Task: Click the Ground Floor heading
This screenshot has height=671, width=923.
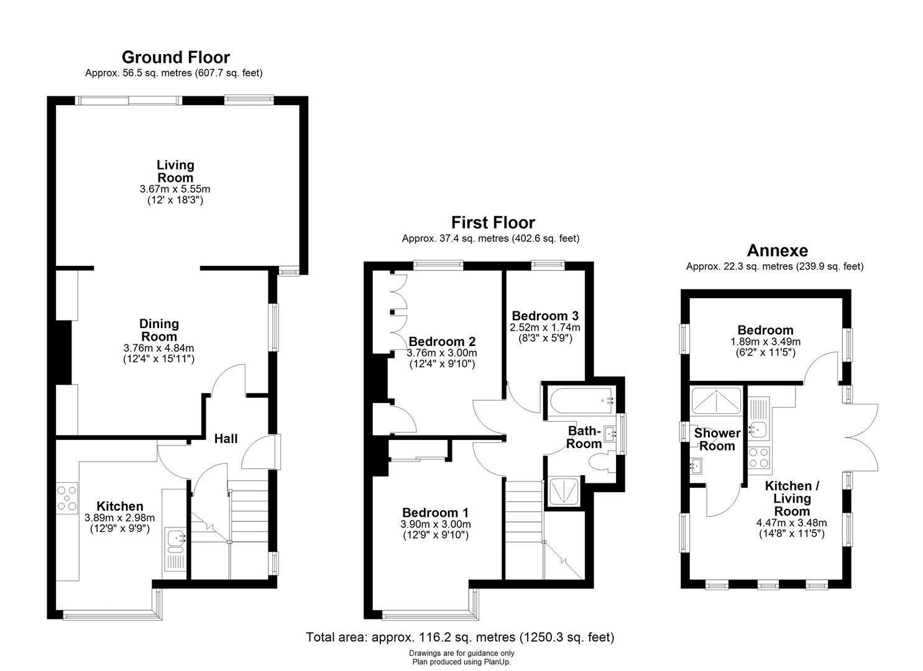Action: (175, 57)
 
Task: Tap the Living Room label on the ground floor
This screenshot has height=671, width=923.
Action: (175, 171)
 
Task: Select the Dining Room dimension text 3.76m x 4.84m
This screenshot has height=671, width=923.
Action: (158, 348)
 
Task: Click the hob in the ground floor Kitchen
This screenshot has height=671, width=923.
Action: (67, 498)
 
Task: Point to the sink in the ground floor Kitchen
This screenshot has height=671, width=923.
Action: (175, 541)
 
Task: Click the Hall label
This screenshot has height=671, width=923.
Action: (226, 439)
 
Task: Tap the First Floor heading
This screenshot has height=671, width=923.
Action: (492, 222)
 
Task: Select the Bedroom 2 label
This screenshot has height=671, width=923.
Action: (442, 341)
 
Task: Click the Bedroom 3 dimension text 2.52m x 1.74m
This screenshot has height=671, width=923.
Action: (544, 327)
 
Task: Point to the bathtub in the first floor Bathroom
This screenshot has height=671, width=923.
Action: (579, 401)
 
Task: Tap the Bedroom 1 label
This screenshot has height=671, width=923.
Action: (435, 513)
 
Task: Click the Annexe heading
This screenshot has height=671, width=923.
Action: (777, 250)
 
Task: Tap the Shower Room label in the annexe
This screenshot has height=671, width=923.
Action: (717, 439)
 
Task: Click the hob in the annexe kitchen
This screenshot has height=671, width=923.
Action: (759, 457)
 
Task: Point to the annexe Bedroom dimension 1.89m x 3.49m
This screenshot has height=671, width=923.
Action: (765, 342)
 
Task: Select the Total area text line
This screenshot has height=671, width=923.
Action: (460, 637)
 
